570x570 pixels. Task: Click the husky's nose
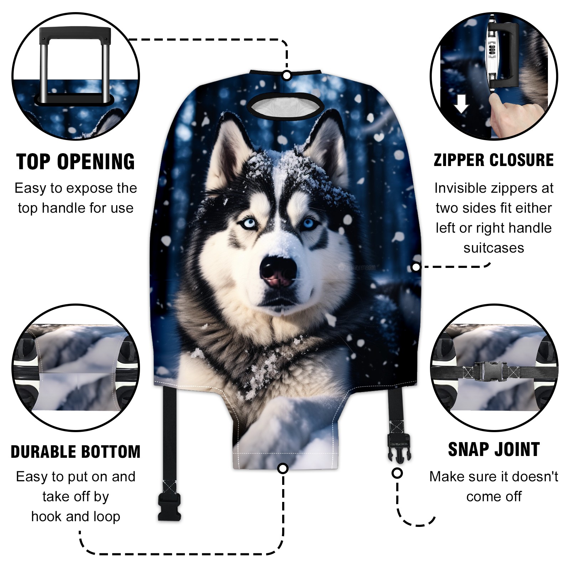[x=278, y=271]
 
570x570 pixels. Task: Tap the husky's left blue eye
[x=248, y=223]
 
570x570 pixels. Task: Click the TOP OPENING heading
[x=76, y=162]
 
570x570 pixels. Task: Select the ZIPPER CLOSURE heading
[x=494, y=160]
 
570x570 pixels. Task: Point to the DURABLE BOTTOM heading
[x=76, y=452]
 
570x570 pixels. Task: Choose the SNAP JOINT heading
[x=494, y=449]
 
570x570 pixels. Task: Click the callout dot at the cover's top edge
[x=287, y=76]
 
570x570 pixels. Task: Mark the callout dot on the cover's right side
[x=416, y=267]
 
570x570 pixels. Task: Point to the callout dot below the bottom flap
[x=283, y=468]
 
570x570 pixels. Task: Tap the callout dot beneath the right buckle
[x=397, y=473]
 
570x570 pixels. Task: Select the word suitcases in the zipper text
[x=494, y=248]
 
